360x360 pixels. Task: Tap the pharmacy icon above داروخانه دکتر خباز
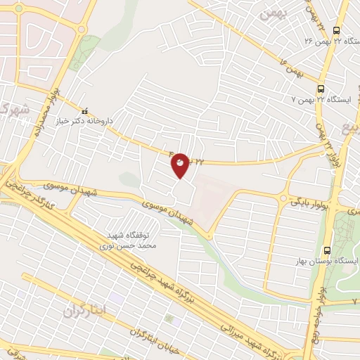(86, 111)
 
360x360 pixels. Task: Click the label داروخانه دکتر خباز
(85, 121)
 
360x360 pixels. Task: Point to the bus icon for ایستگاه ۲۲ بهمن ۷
(321, 89)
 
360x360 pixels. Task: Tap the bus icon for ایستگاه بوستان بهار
(328, 250)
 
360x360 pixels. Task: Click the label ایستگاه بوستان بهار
(333, 261)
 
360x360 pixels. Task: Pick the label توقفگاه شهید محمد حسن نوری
(134, 240)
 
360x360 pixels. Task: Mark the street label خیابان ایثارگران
(157, 337)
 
